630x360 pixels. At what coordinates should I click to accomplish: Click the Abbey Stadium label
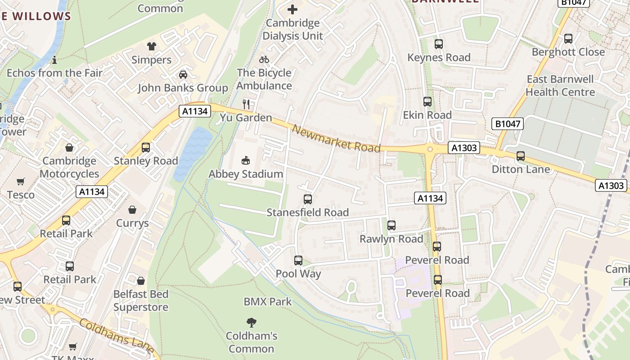click(x=246, y=174)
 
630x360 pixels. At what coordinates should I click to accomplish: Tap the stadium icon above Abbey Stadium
click(x=246, y=160)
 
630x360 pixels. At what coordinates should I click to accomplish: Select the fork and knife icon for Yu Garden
click(x=246, y=104)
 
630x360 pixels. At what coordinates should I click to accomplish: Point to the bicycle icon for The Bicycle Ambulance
click(x=264, y=59)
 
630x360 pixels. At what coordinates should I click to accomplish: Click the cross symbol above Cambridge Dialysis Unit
click(x=292, y=9)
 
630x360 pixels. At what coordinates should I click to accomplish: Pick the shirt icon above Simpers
click(x=152, y=46)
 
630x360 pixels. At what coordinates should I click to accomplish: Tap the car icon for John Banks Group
click(x=183, y=75)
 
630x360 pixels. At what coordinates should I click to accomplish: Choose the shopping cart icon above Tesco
click(x=21, y=182)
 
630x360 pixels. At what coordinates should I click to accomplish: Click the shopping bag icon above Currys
click(x=132, y=210)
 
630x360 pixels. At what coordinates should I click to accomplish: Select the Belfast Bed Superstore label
click(x=141, y=301)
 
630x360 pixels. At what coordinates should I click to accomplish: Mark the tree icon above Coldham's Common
click(x=251, y=322)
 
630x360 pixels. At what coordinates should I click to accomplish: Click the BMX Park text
click(x=268, y=301)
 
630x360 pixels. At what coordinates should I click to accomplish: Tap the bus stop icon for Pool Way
click(x=298, y=261)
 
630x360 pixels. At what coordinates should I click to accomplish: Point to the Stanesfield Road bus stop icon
click(x=308, y=199)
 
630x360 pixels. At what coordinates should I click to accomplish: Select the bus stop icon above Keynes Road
click(x=439, y=44)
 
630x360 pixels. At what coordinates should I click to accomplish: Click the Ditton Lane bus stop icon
click(x=521, y=156)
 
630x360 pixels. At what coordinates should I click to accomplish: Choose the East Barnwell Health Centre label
click(x=560, y=85)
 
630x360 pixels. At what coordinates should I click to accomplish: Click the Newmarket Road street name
click(x=336, y=138)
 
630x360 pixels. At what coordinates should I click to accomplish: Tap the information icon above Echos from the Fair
click(x=54, y=60)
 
